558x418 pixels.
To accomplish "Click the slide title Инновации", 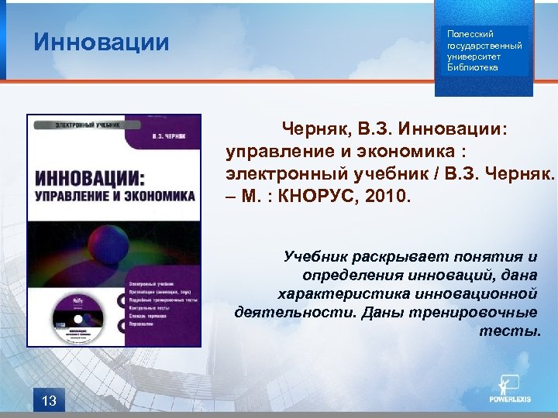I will point(101,42).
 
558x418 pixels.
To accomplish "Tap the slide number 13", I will point(49,400).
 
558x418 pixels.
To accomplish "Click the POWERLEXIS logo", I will point(509,390).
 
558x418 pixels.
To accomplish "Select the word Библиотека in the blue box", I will point(473,67).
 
